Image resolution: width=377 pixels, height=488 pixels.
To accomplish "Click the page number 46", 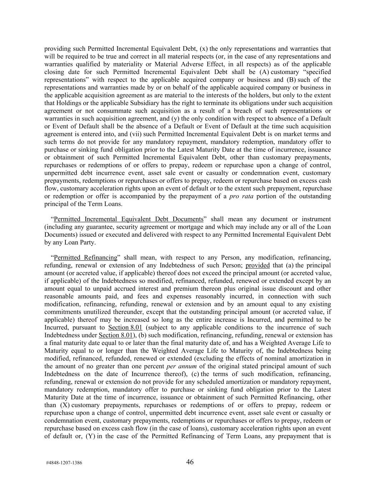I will pyautogui.click(x=190, y=462).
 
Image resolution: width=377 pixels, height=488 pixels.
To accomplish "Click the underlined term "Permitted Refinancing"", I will pyautogui.click(x=85, y=257).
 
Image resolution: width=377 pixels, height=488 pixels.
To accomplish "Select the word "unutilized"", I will pyautogui.click(x=93, y=312).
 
